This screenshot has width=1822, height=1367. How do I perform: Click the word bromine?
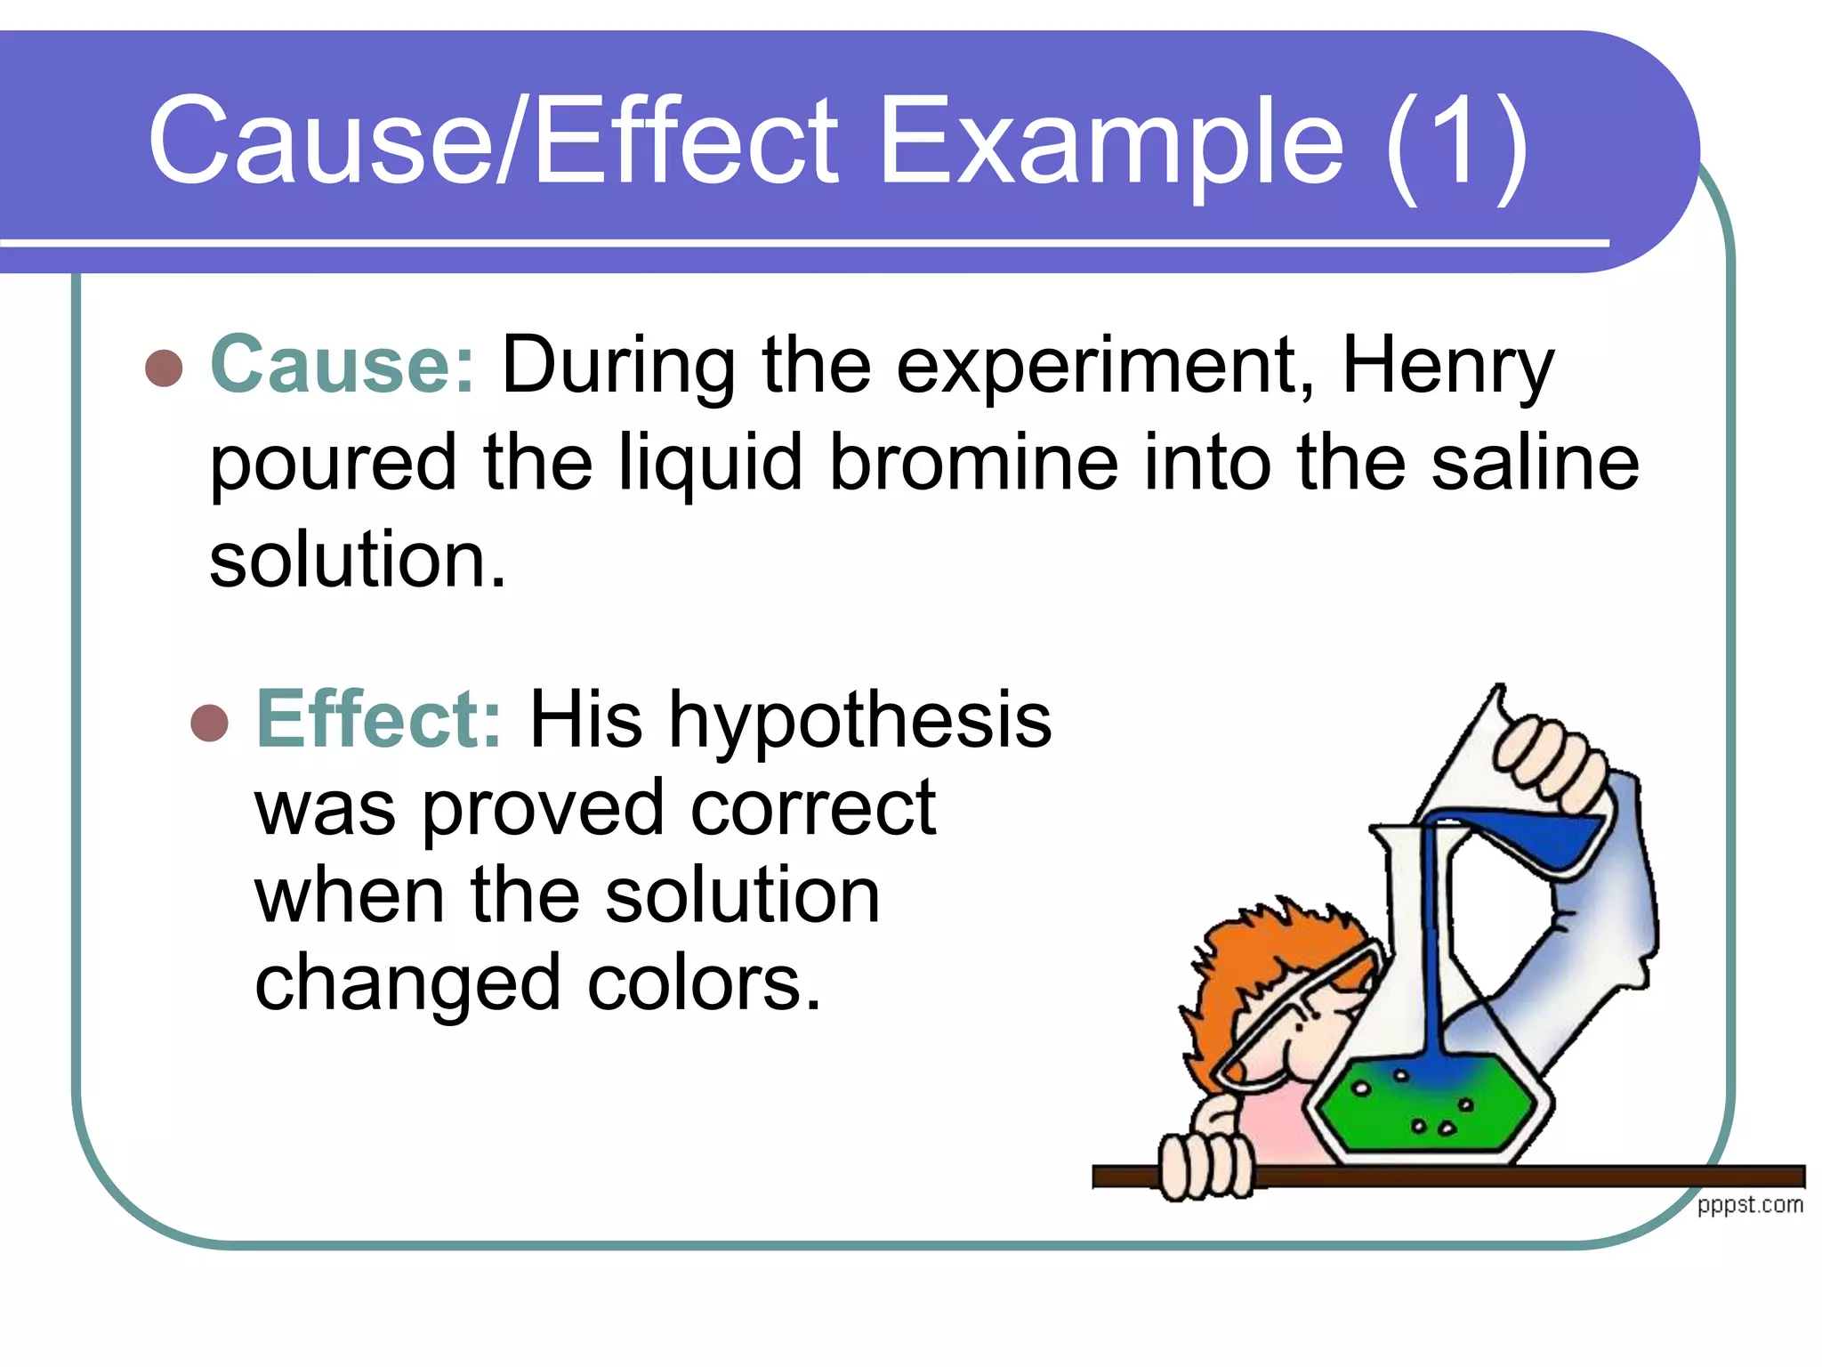click(x=973, y=462)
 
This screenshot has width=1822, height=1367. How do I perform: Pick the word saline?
click(x=1535, y=462)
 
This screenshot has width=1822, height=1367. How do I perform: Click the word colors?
click(x=704, y=983)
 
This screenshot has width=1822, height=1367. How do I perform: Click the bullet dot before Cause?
click(x=164, y=368)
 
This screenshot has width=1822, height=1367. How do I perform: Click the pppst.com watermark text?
click(x=1750, y=1205)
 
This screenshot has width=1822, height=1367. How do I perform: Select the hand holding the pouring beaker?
click(x=1548, y=756)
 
